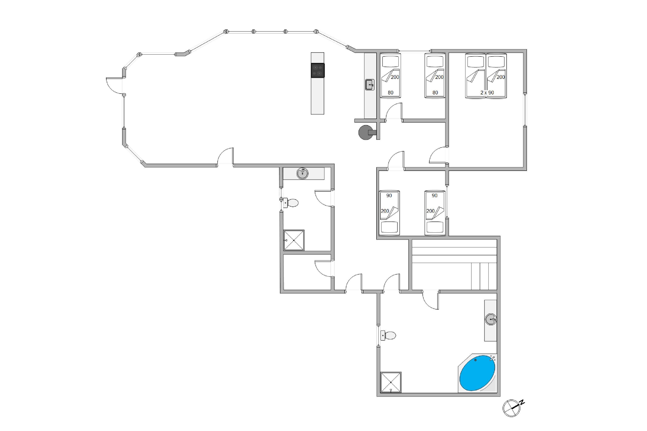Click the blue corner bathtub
pyautogui.click(x=477, y=373)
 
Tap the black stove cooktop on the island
pyautogui.click(x=318, y=70)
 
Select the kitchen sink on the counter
pyautogui.click(x=370, y=85)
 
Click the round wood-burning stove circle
pyautogui.click(x=366, y=133)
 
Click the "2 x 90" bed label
pyautogui.click(x=487, y=93)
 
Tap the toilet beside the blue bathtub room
pyautogui.click(x=388, y=335)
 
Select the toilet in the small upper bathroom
pyautogui.click(x=291, y=203)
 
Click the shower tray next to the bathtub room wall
pyautogui.click(x=391, y=382)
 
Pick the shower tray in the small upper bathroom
pyautogui.click(x=294, y=240)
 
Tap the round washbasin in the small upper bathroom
pyautogui.click(x=302, y=173)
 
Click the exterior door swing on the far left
pyautogui.click(x=114, y=86)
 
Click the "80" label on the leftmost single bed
pyautogui.click(x=391, y=93)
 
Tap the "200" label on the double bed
pyautogui.click(x=501, y=77)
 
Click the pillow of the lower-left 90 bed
pyautogui.click(x=389, y=227)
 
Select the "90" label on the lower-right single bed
pyautogui.click(x=435, y=195)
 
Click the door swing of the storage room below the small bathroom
pyautogui.click(x=323, y=269)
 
